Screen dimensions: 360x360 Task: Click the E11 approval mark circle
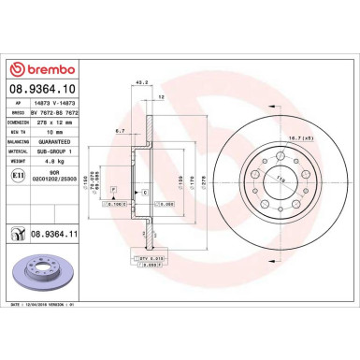tap(19, 174)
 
